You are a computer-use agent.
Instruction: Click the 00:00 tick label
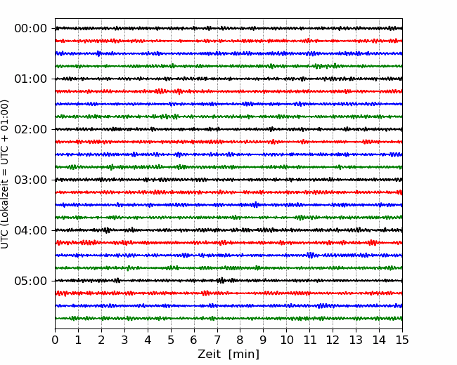click(31, 29)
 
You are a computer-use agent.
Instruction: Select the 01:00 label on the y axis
click(31, 79)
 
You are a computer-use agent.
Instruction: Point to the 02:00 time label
click(31, 129)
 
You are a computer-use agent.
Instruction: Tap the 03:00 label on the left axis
click(31, 180)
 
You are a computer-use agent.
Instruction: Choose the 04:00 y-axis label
click(31, 230)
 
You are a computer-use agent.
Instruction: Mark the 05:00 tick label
click(31, 281)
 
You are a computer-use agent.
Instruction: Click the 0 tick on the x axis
click(55, 340)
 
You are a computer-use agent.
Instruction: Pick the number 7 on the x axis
click(217, 340)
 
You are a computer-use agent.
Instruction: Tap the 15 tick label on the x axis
click(402, 340)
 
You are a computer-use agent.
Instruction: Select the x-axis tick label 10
click(286, 340)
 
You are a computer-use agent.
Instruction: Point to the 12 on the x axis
click(333, 340)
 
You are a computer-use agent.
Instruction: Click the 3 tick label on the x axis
click(124, 340)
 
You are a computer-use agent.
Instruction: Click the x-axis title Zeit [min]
click(228, 354)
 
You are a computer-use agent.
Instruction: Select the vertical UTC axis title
click(5, 174)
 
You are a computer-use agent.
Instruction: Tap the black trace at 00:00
click(228, 28)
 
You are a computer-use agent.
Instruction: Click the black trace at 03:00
click(228, 180)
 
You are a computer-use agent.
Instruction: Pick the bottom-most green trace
click(228, 319)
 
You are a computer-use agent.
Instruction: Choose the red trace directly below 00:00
click(228, 41)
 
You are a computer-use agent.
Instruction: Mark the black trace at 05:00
click(228, 281)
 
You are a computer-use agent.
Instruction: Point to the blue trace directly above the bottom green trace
click(228, 305)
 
